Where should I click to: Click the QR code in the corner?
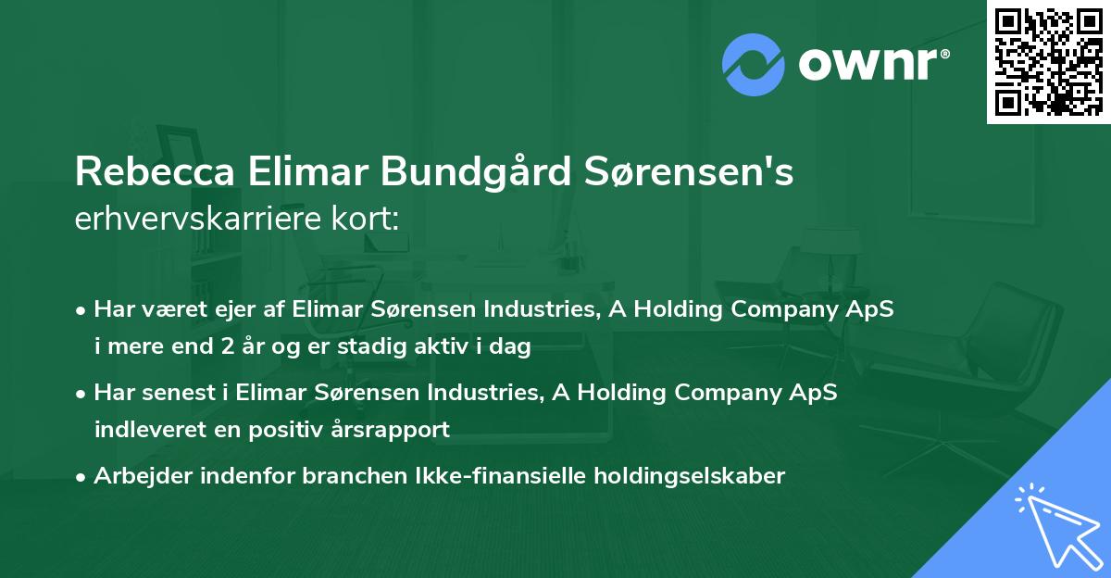1048,62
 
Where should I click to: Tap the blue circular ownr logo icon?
754,65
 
